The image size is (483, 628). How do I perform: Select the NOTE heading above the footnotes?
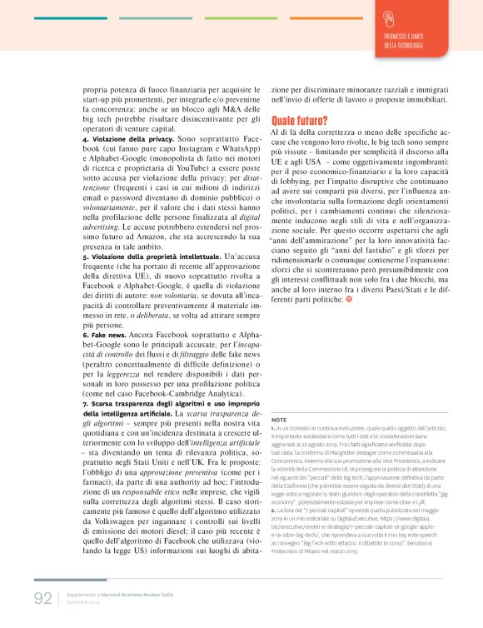click(279, 420)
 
